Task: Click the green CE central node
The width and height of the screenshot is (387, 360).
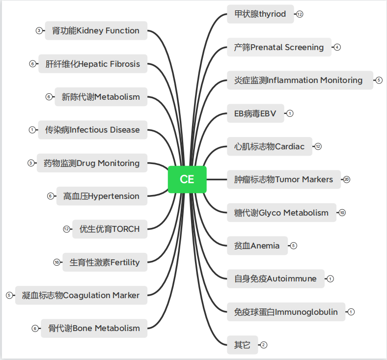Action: pos(187,179)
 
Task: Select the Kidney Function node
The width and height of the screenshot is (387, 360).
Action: pos(96,30)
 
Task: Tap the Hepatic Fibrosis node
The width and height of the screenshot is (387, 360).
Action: pos(93,64)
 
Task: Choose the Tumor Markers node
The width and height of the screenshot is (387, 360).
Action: pos(284,179)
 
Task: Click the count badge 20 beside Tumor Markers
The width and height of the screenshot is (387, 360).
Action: pos(347,179)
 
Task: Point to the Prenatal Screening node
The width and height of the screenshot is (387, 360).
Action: pos(279,47)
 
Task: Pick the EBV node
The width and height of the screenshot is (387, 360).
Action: pos(255,113)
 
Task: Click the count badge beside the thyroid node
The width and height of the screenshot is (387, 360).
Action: pos(300,14)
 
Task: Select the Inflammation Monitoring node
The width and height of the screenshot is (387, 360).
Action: pos(300,80)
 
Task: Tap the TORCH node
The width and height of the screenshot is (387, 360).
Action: pos(110,229)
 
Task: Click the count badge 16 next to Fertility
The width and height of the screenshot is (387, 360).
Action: pos(57,262)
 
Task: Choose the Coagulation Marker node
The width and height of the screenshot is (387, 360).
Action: pos(81,295)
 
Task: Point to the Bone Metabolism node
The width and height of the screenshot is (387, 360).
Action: pos(94,329)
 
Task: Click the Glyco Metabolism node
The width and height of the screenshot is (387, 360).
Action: pos(281,213)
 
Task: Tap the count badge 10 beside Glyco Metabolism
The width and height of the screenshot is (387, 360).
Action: pos(342,213)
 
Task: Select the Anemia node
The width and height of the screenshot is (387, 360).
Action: pos(257,246)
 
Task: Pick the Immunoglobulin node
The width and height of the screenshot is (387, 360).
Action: pos(286,312)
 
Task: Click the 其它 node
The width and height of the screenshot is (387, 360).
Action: pos(243,345)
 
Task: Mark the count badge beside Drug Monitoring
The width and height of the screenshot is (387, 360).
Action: pos(31,163)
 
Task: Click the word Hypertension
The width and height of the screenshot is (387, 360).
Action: pos(113,196)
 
